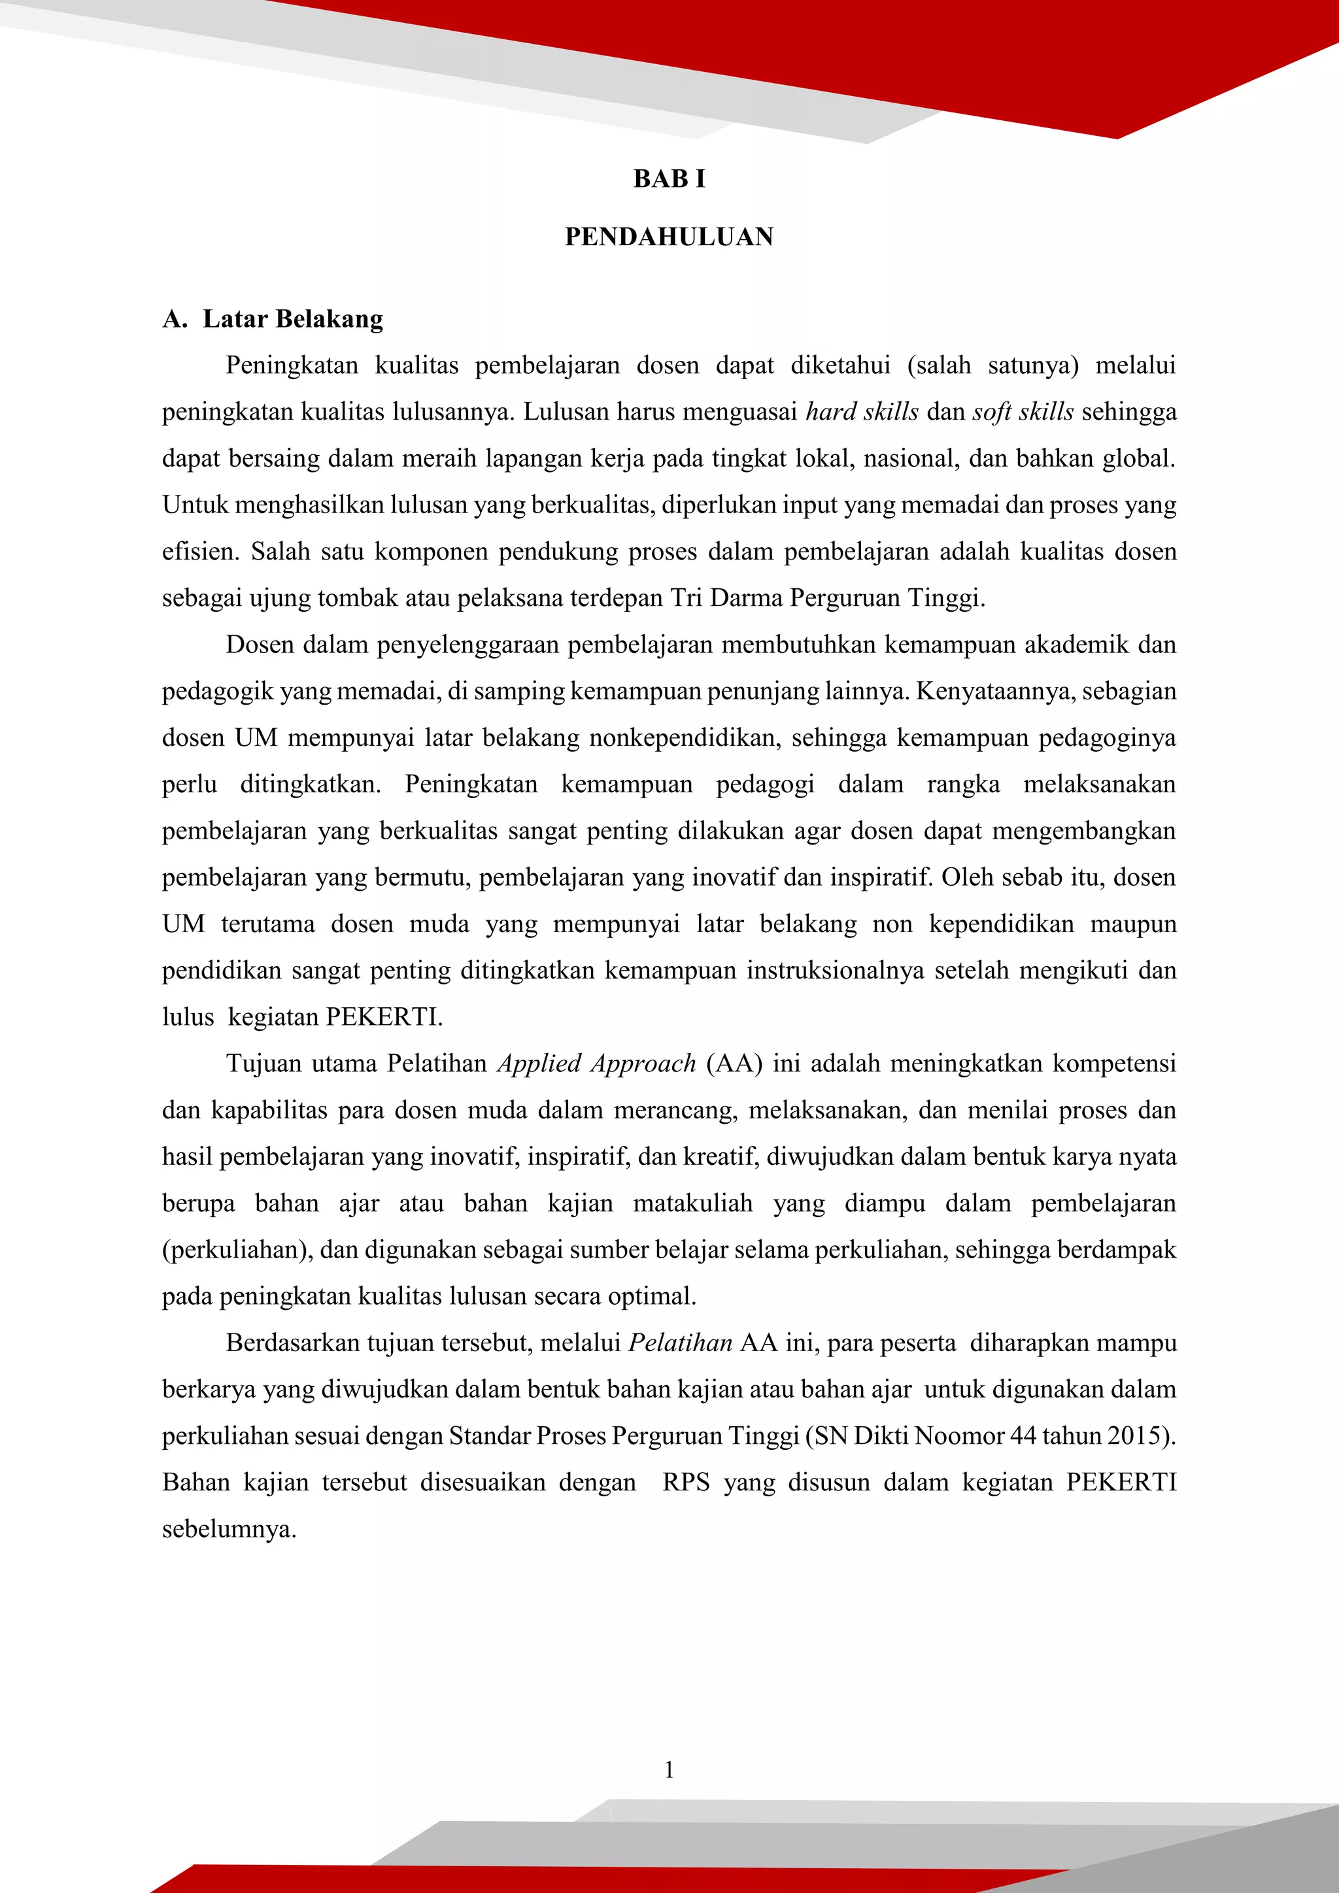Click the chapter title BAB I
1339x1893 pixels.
pyautogui.click(x=669, y=179)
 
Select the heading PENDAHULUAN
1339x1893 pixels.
pyautogui.click(x=669, y=237)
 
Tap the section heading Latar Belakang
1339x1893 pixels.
pyautogui.click(x=293, y=319)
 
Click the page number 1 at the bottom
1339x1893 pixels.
pyautogui.click(x=669, y=1769)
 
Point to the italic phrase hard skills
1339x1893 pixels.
pyautogui.click(x=862, y=411)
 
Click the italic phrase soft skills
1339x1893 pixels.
pyautogui.click(x=1023, y=411)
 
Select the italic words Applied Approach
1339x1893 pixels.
pyautogui.click(x=597, y=1064)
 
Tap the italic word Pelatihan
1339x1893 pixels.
pyautogui.click(x=680, y=1343)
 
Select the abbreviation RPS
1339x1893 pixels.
pyautogui.click(x=686, y=1483)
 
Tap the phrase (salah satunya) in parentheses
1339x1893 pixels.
pyautogui.click(x=992, y=365)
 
